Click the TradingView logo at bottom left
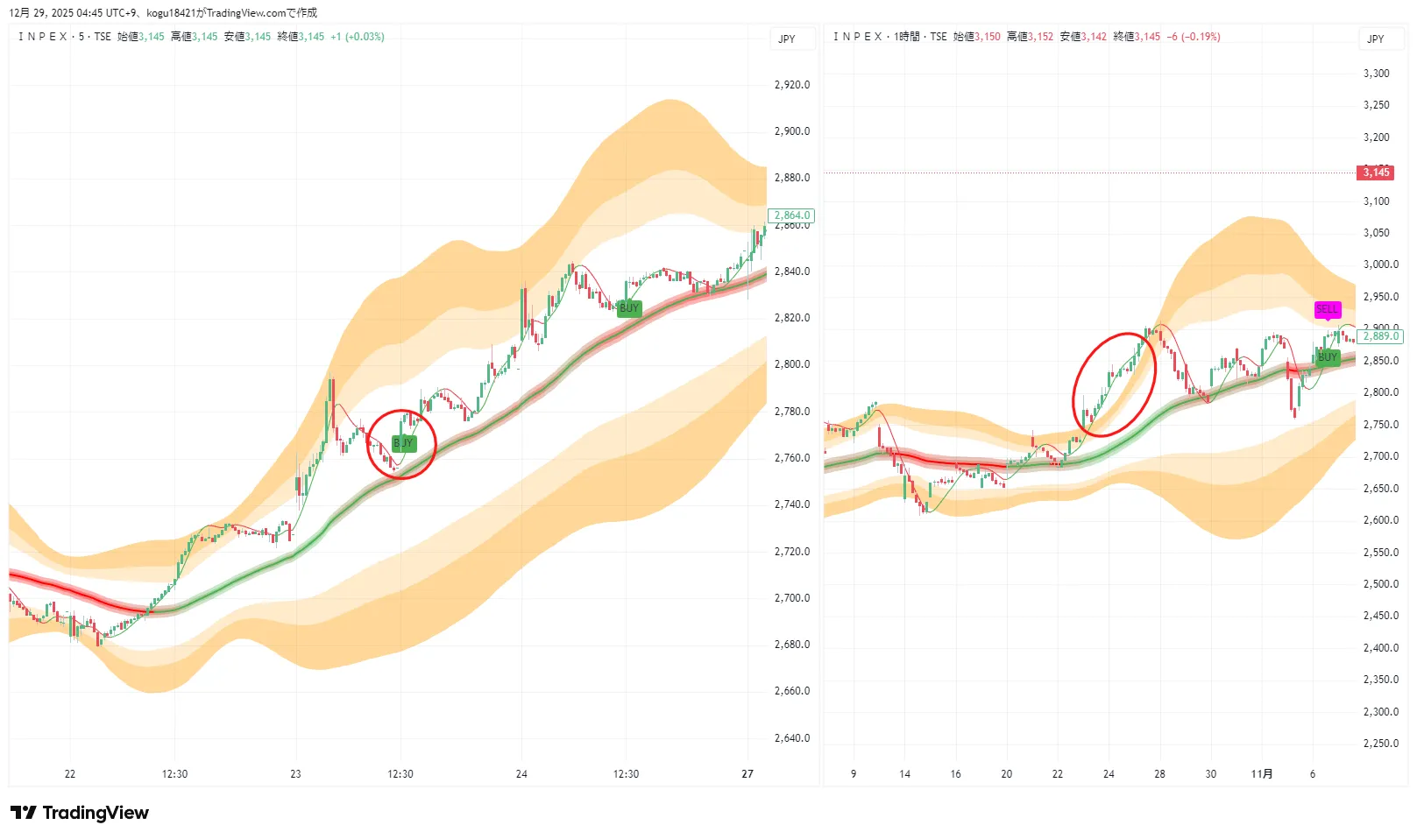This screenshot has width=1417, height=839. click(80, 813)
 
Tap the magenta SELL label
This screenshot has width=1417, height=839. click(1327, 309)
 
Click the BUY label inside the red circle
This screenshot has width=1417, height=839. click(403, 443)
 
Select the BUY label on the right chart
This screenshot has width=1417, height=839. click(1328, 357)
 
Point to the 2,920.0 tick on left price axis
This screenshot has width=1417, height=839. click(792, 85)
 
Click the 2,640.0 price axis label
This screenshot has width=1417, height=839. click(792, 738)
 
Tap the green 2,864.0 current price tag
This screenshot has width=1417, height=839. click(791, 215)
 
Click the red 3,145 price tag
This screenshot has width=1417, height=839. click(1376, 173)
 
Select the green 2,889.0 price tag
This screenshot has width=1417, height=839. click(1381, 336)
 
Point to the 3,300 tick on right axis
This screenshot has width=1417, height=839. click(1376, 74)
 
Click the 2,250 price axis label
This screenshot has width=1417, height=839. click(1380, 744)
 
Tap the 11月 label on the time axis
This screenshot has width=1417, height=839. click(1262, 774)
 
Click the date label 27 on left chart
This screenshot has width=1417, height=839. click(747, 774)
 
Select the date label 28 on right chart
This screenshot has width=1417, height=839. click(1159, 774)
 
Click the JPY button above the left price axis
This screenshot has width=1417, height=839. click(787, 39)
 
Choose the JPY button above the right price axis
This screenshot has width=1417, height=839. click(1376, 39)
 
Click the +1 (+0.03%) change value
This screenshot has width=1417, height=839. click(357, 37)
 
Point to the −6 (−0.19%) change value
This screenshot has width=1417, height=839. click(1194, 37)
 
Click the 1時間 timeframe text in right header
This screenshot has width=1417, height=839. click(907, 37)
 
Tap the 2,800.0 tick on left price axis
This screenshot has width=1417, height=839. click(792, 364)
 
